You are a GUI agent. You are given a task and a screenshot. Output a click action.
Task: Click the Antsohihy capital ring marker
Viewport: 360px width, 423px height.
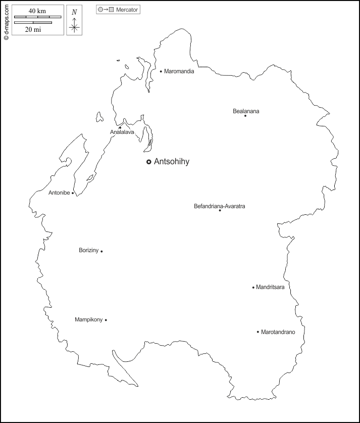click(x=148, y=162)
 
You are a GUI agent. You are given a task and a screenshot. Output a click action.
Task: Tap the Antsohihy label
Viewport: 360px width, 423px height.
click(x=171, y=162)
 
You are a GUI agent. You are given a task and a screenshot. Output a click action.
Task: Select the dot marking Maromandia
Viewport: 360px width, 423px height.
click(x=161, y=71)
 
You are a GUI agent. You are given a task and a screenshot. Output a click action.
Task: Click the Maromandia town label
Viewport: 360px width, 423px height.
click(x=179, y=71)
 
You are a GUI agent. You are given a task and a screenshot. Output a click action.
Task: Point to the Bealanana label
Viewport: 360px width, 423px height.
click(x=246, y=111)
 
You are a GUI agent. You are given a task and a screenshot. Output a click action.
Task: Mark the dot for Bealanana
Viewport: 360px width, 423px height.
click(x=245, y=116)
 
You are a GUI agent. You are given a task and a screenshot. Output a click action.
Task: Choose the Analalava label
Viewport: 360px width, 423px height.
click(x=122, y=132)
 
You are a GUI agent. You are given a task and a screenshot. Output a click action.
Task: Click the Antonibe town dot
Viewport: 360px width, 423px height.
click(x=73, y=193)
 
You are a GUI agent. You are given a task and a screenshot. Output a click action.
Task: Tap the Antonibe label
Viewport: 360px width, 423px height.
click(x=59, y=193)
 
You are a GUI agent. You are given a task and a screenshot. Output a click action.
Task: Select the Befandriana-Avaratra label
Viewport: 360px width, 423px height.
click(x=220, y=206)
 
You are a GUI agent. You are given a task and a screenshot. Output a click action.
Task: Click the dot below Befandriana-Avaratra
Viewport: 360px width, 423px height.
click(x=220, y=210)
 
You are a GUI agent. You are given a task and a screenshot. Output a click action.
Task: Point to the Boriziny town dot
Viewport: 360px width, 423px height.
click(x=101, y=251)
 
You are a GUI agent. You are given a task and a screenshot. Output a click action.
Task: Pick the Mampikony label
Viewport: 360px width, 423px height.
click(x=88, y=319)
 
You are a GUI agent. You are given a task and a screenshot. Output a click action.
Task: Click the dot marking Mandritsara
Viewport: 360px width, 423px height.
click(x=253, y=288)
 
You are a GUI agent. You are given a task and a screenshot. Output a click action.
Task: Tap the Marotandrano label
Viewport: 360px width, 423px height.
click(x=278, y=332)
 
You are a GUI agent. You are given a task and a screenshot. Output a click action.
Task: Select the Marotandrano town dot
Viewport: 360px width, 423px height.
click(x=258, y=332)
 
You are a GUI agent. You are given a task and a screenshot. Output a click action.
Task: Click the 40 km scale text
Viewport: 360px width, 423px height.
click(x=38, y=11)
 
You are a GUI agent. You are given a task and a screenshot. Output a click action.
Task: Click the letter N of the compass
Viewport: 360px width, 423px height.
click(x=74, y=12)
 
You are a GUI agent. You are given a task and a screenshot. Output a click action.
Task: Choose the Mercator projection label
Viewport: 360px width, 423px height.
click(x=127, y=10)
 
